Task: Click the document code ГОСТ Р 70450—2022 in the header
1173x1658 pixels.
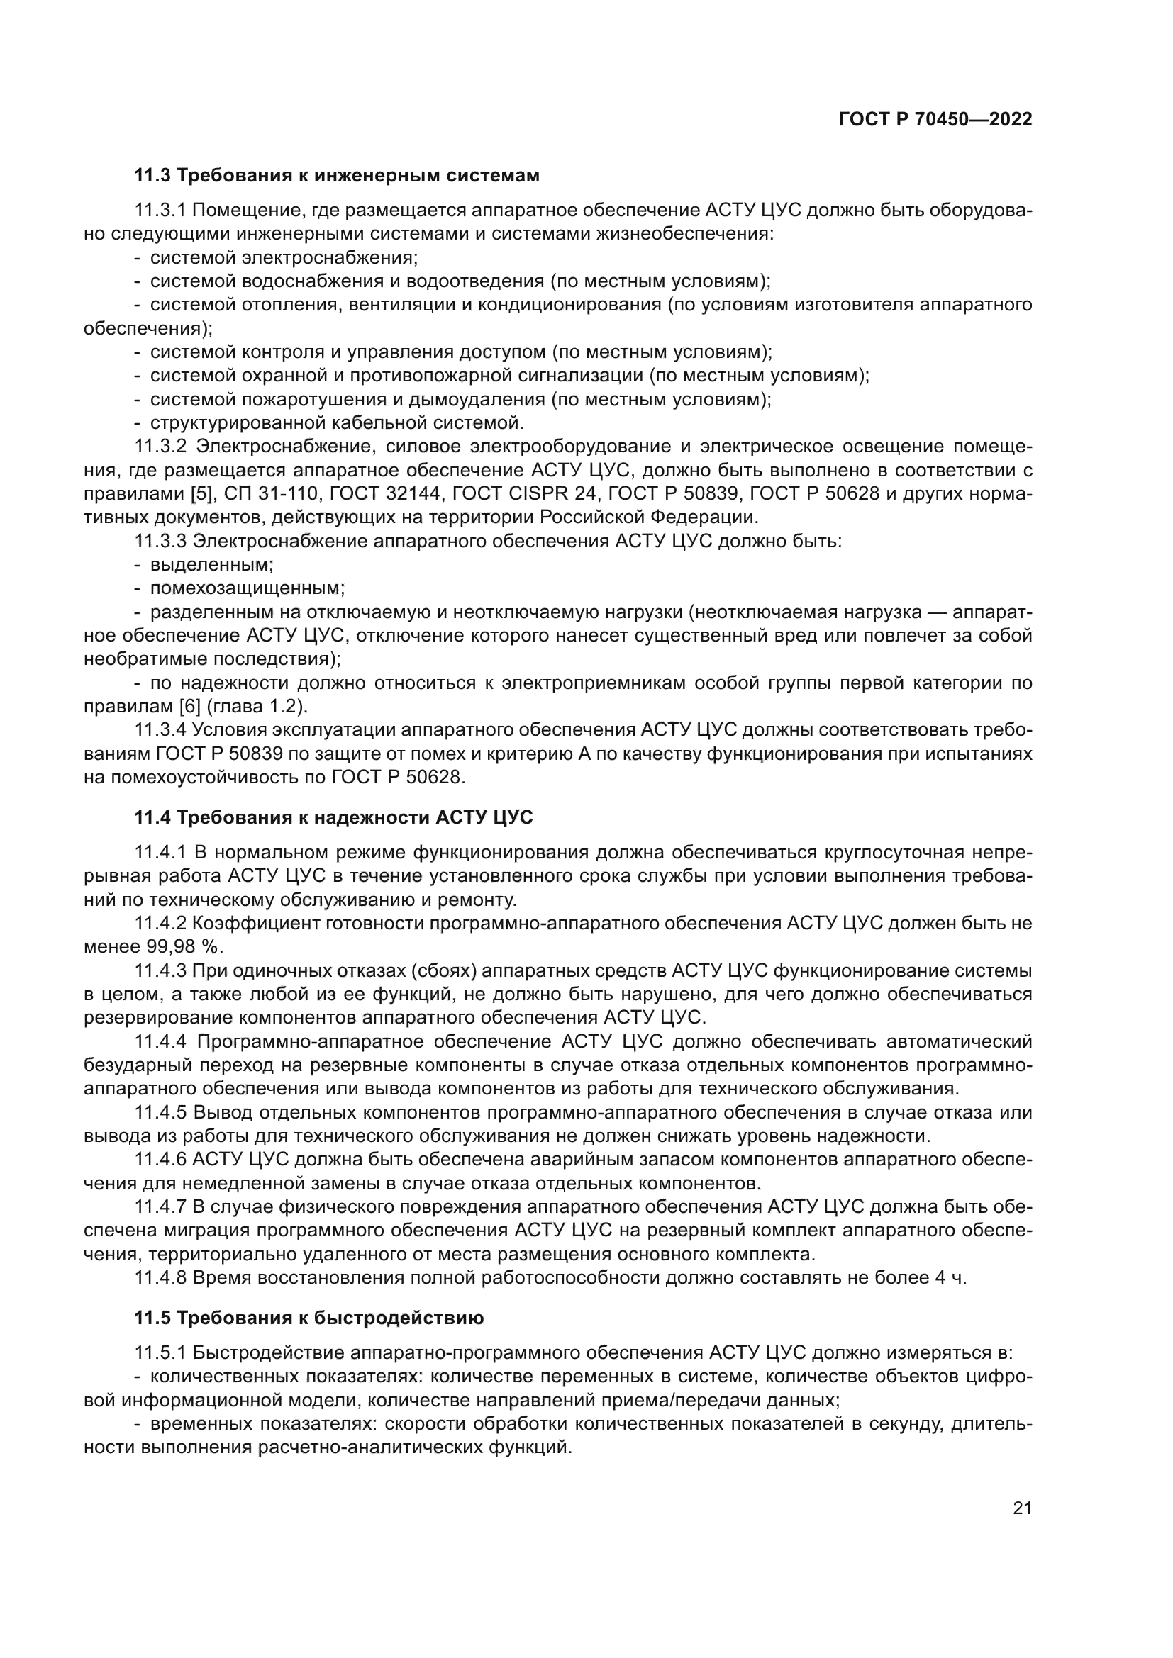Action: [935, 120]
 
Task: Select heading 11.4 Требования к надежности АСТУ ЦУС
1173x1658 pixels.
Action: [333, 817]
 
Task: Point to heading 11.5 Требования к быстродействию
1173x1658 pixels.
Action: [308, 1318]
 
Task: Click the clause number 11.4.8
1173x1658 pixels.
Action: [160, 1277]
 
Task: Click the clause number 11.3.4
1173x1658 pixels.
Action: [160, 730]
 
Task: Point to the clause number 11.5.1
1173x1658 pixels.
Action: [160, 1352]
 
